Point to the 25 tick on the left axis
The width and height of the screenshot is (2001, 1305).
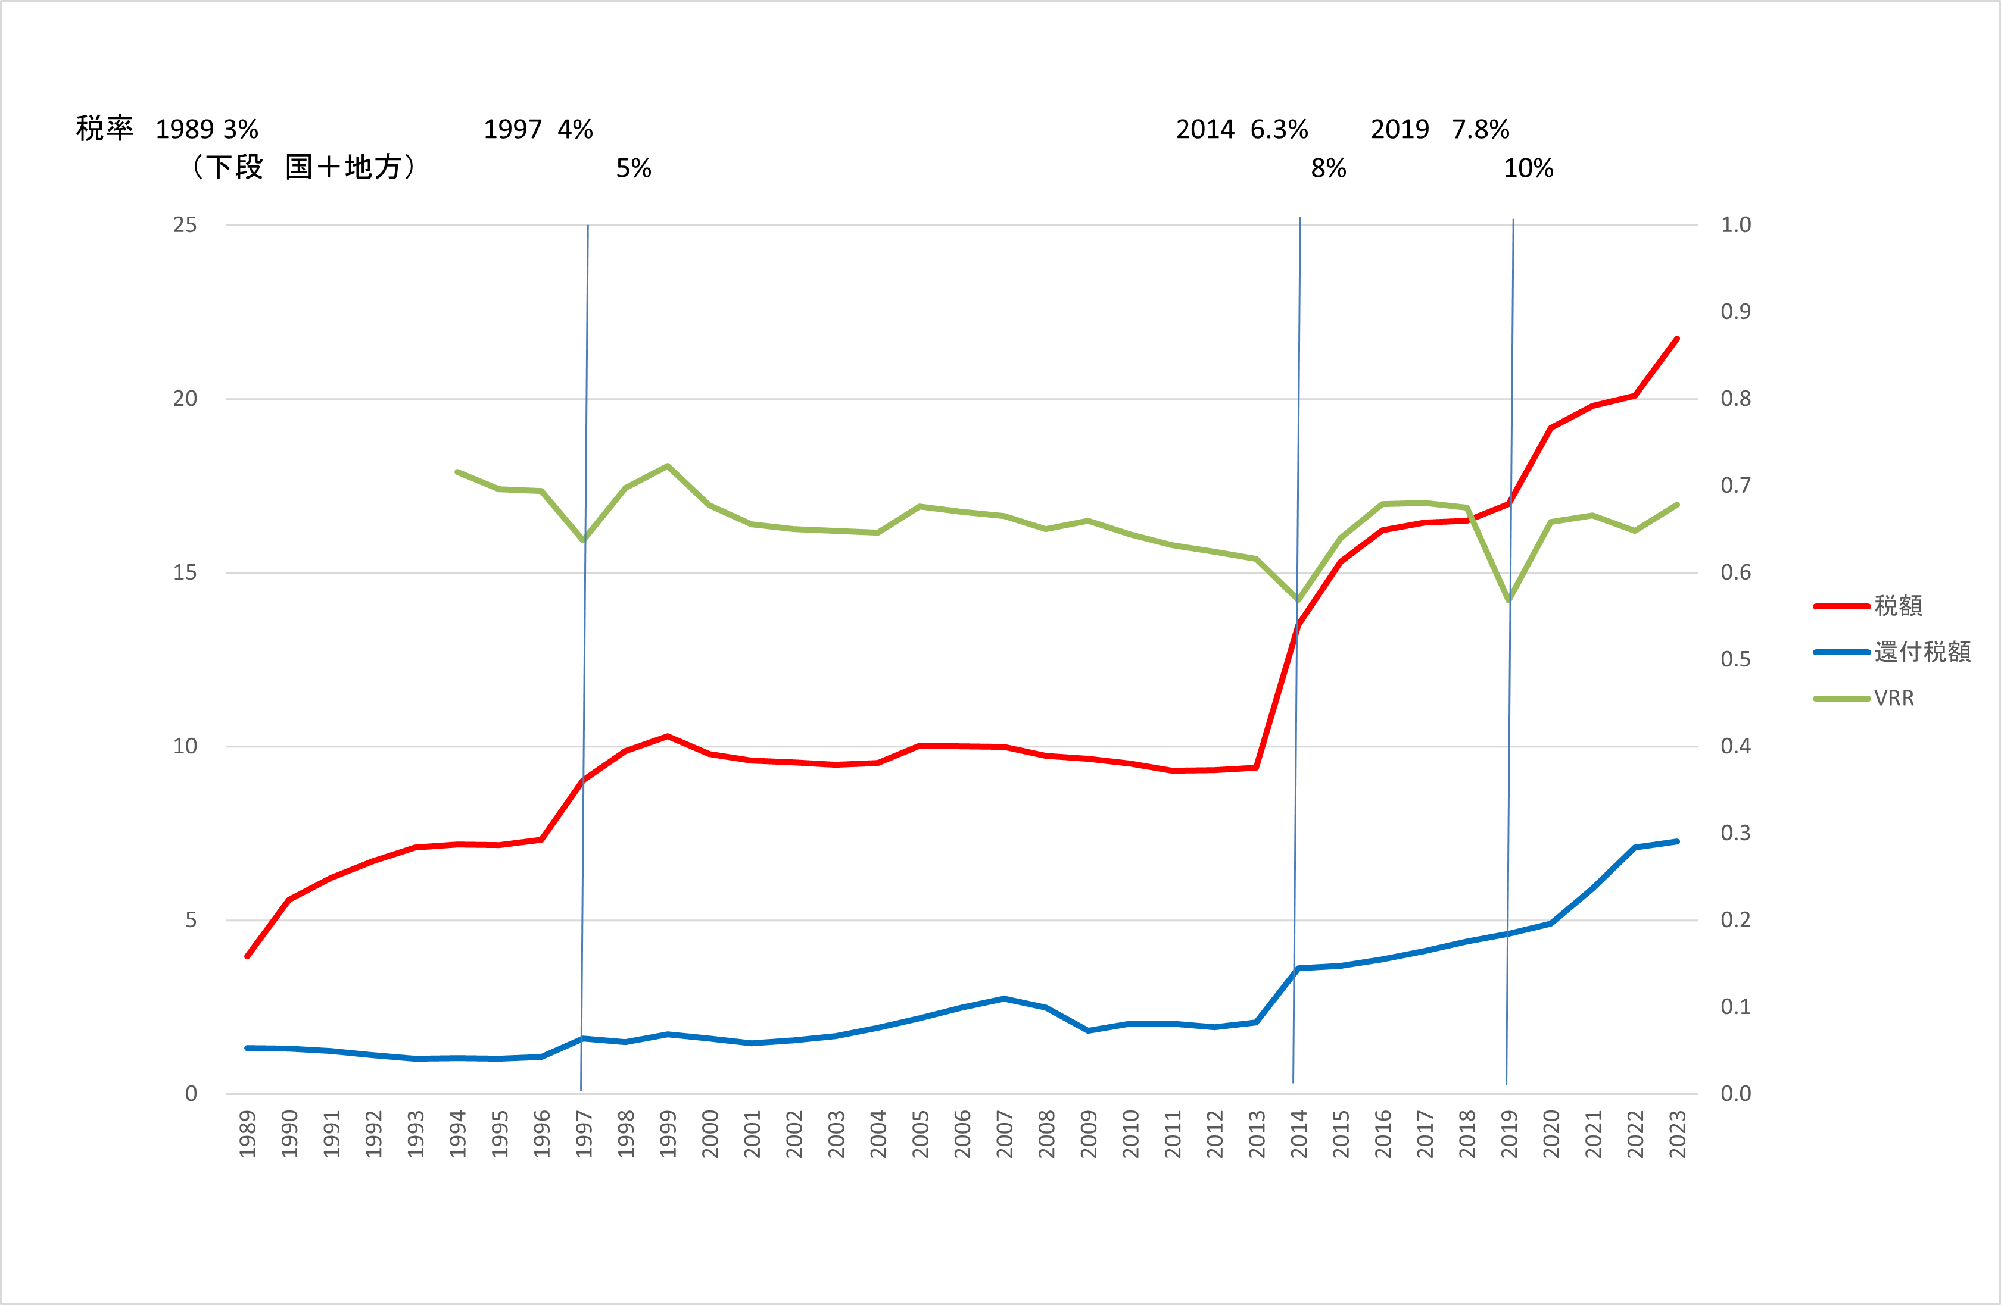185,224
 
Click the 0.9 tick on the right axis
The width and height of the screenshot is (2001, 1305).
1735,312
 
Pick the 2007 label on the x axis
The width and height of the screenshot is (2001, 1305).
1004,1134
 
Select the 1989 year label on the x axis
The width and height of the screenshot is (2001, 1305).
247,1134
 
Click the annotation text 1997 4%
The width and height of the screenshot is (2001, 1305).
538,129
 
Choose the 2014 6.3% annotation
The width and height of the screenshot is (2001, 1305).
1242,129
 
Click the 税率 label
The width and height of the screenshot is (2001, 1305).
104,129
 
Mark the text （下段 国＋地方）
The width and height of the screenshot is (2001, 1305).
303,167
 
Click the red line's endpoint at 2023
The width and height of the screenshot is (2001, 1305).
1677,339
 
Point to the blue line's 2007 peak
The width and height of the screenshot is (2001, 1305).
1004,999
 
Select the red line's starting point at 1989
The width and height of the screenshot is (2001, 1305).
247,956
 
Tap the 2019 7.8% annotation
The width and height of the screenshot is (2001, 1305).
1439,129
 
